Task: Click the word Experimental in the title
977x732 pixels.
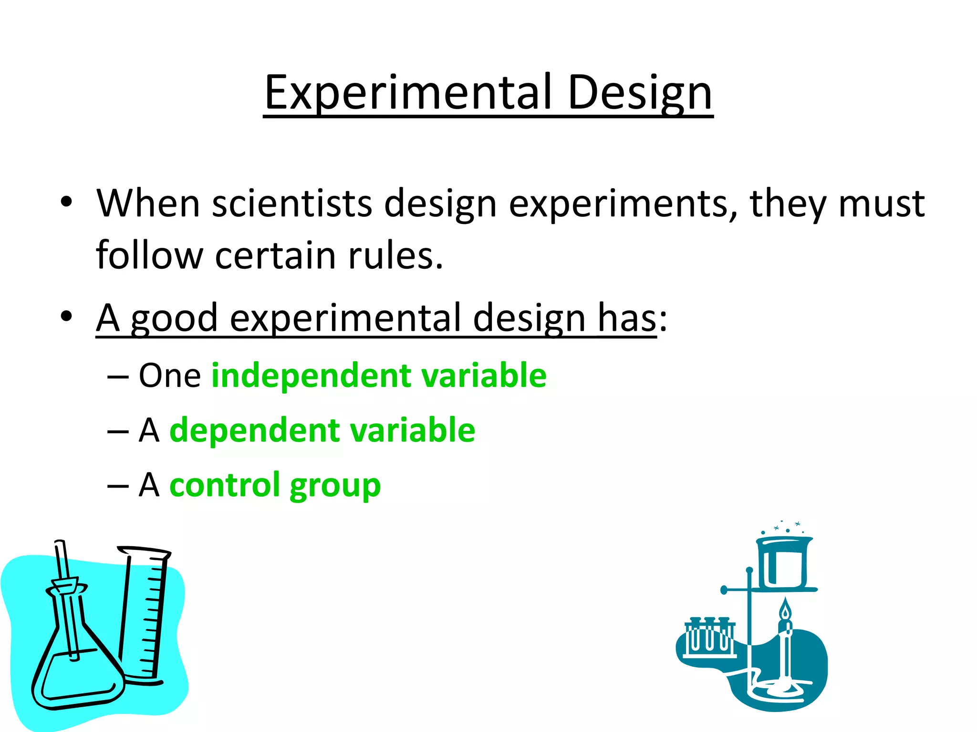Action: point(408,93)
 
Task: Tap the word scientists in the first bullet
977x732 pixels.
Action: point(291,203)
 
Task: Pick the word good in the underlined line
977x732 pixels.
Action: point(174,319)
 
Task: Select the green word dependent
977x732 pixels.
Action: point(254,430)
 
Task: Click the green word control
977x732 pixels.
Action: point(224,485)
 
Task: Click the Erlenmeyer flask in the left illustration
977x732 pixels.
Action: point(76,667)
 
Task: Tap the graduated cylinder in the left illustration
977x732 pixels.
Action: point(146,615)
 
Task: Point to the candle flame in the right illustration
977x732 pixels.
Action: point(785,609)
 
